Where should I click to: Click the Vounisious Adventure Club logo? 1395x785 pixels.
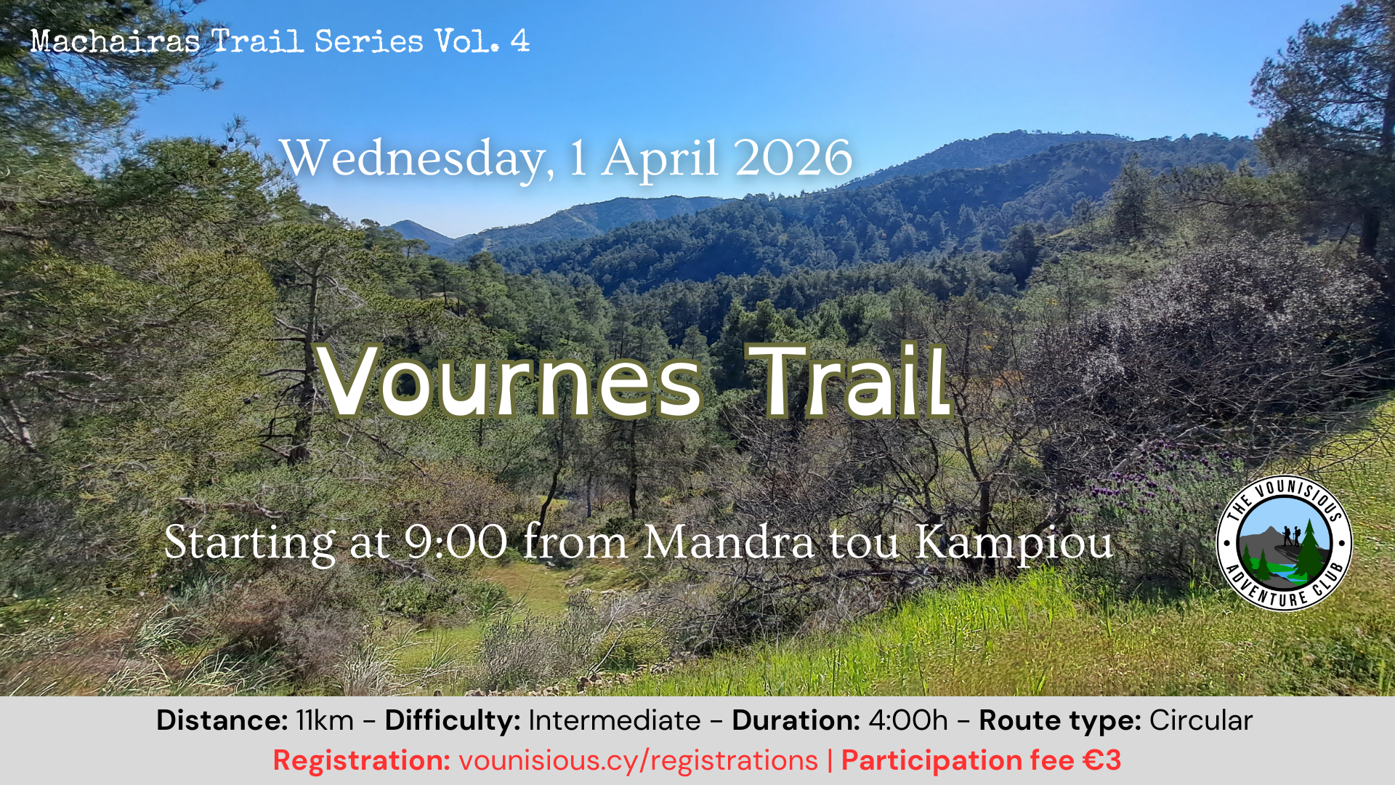(x=1284, y=543)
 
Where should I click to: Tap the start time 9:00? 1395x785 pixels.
(x=456, y=542)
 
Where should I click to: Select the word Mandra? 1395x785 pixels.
(x=729, y=542)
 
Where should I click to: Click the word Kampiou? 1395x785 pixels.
(x=1014, y=544)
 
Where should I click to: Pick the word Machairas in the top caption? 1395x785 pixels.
(x=116, y=41)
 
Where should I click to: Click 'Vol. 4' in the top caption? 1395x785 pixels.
(x=482, y=41)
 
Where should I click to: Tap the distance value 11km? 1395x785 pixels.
(x=325, y=720)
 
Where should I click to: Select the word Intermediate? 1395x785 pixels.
(x=615, y=720)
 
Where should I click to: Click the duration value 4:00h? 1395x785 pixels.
(x=908, y=720)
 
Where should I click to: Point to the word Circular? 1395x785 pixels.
(x=1201, y=720)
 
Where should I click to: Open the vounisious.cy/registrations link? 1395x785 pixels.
(x=639, y=761)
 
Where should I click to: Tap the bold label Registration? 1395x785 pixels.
(x=362, y=761)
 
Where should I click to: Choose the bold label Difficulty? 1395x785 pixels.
(x=453, y=721)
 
